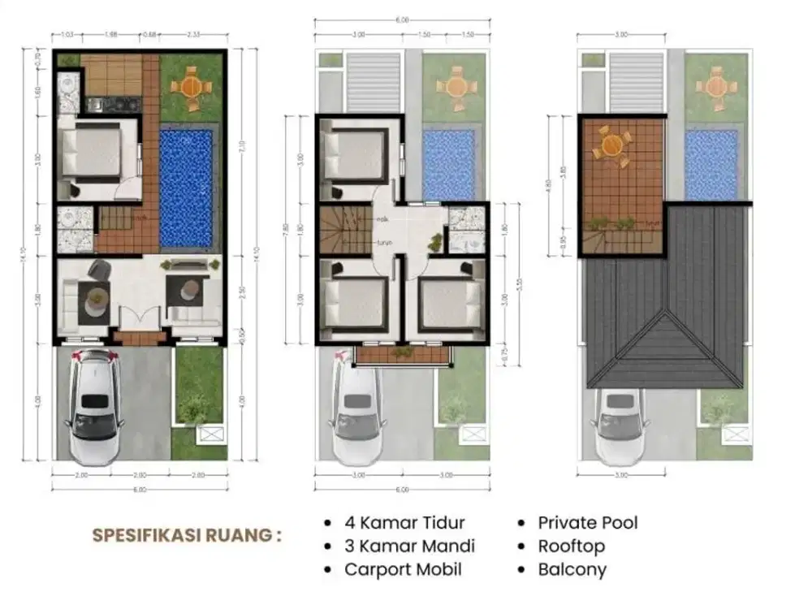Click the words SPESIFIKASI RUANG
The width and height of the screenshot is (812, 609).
pos(187,536)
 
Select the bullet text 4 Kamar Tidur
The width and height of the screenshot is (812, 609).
pos(404,523)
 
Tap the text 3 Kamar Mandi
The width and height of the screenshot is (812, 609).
pos(409,546)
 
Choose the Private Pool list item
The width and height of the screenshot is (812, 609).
pos(588,523)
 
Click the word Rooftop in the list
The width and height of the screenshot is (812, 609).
pos(571,546)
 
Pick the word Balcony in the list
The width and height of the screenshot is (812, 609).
pos(572,569)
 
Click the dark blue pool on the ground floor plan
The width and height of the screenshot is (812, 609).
pos(186,188)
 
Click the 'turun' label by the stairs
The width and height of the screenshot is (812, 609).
pos(384,243)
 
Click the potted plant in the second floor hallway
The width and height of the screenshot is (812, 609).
pos(438,241)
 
